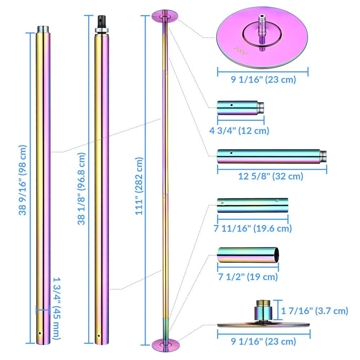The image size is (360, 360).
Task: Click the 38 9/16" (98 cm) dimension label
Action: pyautogui.click(x=23, y=180)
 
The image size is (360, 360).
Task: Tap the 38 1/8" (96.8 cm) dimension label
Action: pyautogui.click(x=82, y=188)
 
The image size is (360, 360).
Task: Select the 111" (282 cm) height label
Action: pyautogui.click(x=139, y=186)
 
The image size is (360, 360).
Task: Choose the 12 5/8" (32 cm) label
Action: pyautogui.click(x=271, y=176)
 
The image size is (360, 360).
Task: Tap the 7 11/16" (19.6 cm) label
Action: pyautogui.click(x=252, y=228)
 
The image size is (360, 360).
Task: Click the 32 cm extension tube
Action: pyautogui.click(x=271, y=156)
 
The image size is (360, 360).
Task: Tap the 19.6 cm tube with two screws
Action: pyautogui.click(x=252, y=205)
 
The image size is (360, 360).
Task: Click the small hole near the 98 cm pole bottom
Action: pyautogui.click(x=40, y=333)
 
